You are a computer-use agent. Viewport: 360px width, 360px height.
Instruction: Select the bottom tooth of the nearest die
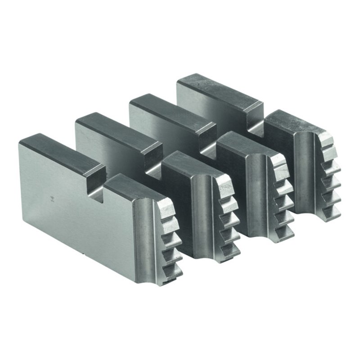pyautogui.click(x=176, y=270)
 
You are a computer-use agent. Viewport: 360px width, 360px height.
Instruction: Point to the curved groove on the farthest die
pyautogui.click(x=310, y=180)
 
